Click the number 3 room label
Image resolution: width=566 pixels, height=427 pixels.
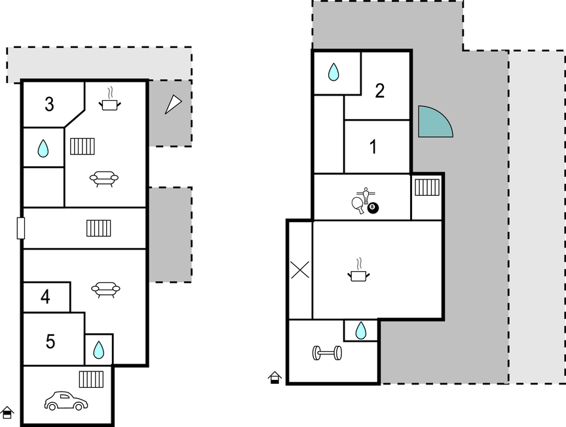pos(49,104)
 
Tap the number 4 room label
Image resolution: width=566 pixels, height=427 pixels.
pos(45,297)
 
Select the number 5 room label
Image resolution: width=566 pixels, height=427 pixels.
pos(50,341)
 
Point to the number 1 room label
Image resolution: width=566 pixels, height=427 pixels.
pos(373,147)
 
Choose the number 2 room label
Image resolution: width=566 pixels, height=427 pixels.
pos(380,90)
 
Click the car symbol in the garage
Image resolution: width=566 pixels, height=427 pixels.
pos(66,401)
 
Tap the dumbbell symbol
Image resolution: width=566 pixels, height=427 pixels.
pos(327,353)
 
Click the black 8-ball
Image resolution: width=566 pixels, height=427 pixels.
pos(373,208)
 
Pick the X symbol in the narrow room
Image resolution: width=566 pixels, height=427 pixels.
pos(300,270)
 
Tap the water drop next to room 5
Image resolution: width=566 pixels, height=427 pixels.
pos(98,350)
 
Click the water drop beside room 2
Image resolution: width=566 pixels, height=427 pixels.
pos(333,72)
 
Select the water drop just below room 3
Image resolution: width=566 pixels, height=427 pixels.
pos(43,149)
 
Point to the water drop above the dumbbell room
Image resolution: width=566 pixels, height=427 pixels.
pos(360,331)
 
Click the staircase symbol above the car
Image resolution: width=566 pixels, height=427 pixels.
pos(91,379)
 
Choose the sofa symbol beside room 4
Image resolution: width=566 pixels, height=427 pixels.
pos(105,289)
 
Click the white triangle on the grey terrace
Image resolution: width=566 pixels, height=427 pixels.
pos(173,104)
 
